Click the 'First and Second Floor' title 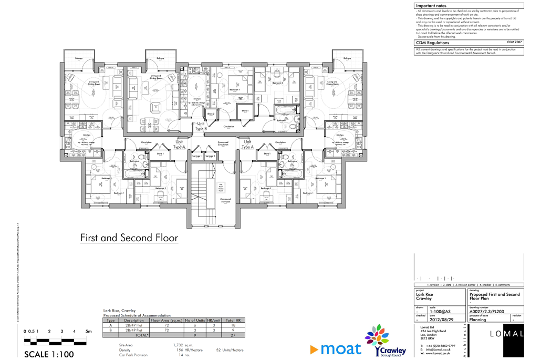129,238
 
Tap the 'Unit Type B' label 201,126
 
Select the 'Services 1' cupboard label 197,156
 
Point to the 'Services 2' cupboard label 210,156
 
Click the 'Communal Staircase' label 225,201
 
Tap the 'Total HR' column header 233,320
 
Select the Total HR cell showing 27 233,334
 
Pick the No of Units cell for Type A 194,325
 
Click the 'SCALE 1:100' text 49,354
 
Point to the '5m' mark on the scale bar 89,332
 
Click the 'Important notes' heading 431,6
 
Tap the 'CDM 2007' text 514,42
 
